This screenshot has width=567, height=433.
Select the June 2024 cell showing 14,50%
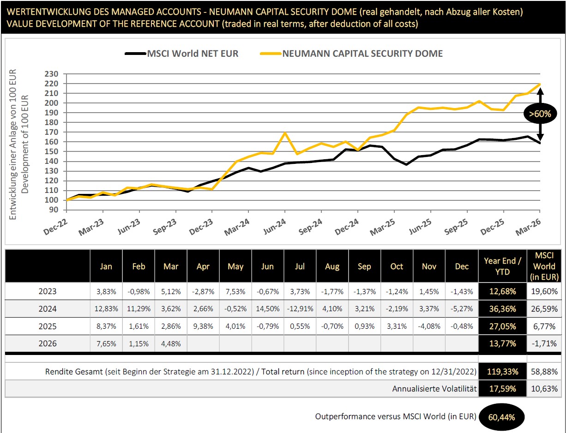[267, 308]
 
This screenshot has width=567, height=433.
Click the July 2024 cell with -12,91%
[300, 308]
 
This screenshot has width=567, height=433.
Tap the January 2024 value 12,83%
[106, 308]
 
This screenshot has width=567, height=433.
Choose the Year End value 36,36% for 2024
[502, 308]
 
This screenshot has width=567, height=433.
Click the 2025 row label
[48, 326]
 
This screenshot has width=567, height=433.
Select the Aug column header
[332, 266]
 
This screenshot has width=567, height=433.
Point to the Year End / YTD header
[502, 266]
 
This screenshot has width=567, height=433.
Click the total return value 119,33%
[502, 371]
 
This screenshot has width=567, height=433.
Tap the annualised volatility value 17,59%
[502, 389]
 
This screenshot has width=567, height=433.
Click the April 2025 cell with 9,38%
[203, 326]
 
